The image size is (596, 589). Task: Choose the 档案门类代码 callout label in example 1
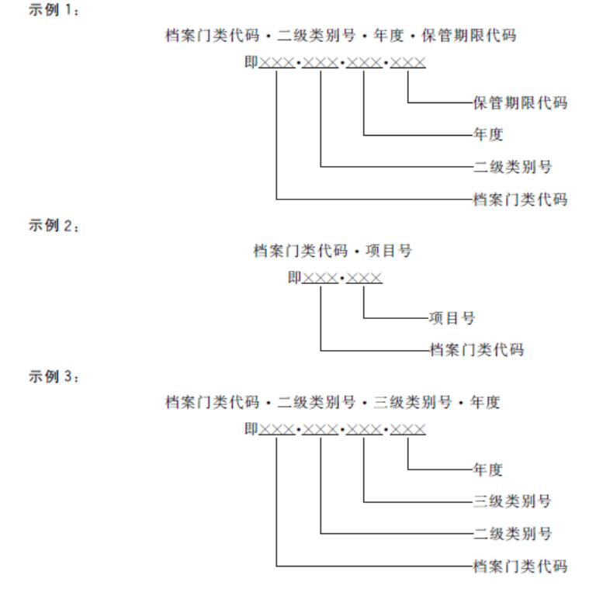coord(520,199)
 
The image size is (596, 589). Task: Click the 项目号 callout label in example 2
coord(452,317)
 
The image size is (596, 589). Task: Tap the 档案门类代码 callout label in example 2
coord(476,350)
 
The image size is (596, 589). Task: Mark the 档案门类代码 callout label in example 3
coord(520,566)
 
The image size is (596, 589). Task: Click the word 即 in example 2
coord(294,278)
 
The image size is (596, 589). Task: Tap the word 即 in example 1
coord(251,61)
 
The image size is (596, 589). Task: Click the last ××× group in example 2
coord(364,279)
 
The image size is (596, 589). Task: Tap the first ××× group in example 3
coord(277,429)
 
